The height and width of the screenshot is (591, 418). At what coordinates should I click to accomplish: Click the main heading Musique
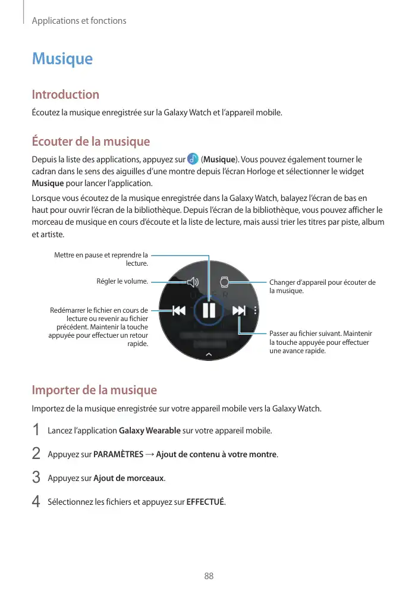click(x=62, y=59)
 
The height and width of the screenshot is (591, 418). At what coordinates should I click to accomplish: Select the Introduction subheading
click(x=65, y=95)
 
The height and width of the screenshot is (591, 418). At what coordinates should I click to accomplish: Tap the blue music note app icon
click(x=193, y=159)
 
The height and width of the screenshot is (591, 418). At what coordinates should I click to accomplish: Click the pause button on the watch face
click(x=209, y=310)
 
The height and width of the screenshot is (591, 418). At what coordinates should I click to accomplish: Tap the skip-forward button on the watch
click(x=239, y=310)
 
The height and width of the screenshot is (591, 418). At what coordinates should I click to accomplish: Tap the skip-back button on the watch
click(x=178, y=310)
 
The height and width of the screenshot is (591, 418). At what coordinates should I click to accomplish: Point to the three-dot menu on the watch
click(x=256, y=310)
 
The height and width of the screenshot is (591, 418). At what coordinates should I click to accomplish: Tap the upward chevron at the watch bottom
click(x=209, y=354)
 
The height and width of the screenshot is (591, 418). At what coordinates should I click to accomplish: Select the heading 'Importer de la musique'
click(x=94, y=390)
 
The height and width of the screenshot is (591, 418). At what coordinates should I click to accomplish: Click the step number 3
click(x=36, y=477)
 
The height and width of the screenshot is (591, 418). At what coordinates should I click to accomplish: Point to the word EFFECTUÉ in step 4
click(x=206, y=502)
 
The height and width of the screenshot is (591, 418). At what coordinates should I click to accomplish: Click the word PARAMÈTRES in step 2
click(x=118, y=455)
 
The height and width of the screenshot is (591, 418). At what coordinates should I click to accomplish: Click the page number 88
click(x=209, y=576)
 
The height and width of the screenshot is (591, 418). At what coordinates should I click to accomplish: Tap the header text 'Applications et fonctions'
click(x=79, y=21)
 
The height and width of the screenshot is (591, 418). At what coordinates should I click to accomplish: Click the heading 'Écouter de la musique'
click(x=90, y=142)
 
